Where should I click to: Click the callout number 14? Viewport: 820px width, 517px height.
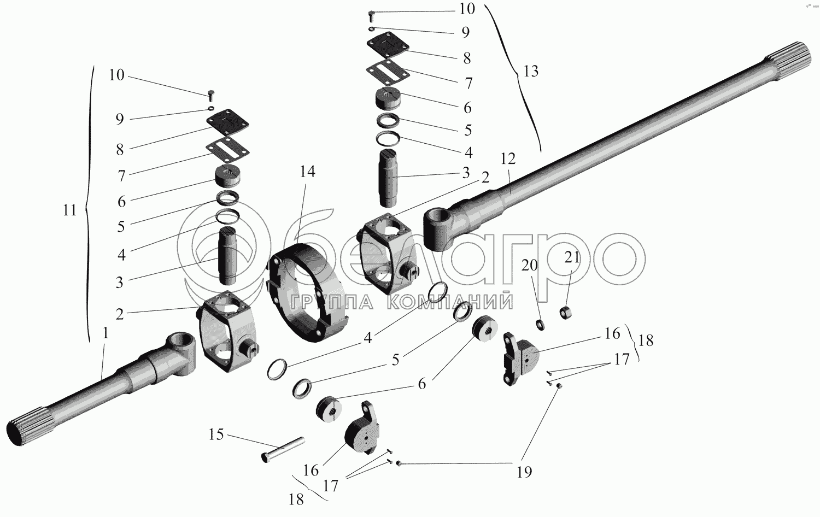click(x=307, y=172)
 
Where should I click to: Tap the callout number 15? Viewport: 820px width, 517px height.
click(x=216, y=434)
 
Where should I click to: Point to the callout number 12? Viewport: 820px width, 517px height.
click(x=508, y=159)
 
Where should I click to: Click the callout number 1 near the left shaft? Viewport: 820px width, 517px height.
click(x=106, y=333)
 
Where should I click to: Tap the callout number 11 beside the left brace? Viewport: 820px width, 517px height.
click(x=69, y=210)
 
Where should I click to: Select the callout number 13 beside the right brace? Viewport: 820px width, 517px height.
click(x=530, y=71)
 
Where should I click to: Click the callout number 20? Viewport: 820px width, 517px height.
click(x=530, y=266)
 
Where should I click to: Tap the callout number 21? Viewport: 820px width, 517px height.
click(x=572, y=257)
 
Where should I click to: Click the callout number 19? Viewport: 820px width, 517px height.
click(x=524, y=471)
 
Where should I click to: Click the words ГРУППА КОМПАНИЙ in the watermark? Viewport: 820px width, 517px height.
click(x=401, y=302)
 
